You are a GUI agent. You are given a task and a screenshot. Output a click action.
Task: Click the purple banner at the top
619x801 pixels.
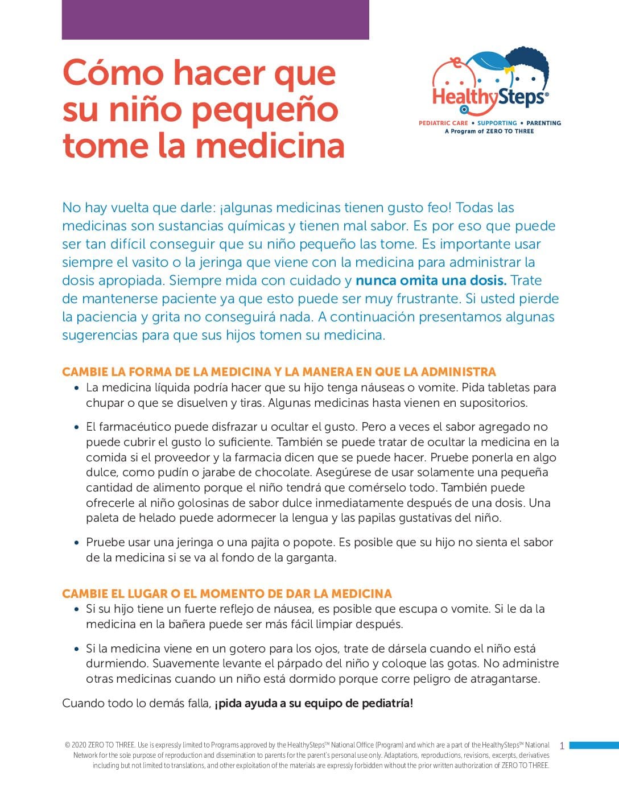coord(215,19)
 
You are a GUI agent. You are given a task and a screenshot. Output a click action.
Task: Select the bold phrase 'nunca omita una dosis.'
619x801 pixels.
coord(431,280)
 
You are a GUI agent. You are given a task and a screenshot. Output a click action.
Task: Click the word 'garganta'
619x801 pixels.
coord(310,558)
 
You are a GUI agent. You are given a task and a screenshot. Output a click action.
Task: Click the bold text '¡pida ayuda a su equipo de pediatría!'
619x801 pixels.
coord(314,703)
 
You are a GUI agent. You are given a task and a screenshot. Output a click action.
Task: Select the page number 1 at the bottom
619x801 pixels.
coord(562,746)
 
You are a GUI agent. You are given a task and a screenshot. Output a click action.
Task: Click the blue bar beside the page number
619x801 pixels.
coord(593,745)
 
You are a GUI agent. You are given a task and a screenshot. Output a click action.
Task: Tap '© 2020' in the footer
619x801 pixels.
coord(76,745)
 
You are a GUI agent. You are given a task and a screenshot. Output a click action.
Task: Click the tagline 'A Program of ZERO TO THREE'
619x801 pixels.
coord(489,131)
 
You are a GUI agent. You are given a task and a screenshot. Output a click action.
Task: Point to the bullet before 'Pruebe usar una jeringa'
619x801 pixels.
coord(77,543)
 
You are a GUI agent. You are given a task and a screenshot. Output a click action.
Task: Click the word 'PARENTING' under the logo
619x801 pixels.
coord(543,123)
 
